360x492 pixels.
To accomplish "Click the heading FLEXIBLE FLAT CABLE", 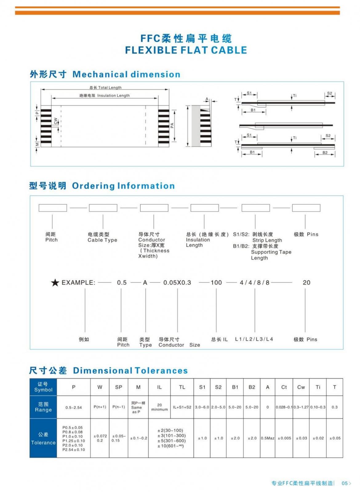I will click(186, 50).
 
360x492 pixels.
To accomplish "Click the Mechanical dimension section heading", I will click(126, 74).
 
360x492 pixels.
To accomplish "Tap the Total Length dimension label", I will click(106, 88).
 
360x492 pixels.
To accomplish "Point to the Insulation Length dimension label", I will click(105, 96).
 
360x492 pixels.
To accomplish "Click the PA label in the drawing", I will click(172, 125).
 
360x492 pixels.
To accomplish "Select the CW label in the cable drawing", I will click(56, 121).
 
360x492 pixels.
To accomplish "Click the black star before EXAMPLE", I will click(55, 283).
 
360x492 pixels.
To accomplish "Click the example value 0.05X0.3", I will click(177, 283).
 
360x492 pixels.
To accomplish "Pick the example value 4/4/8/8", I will click(254, 283).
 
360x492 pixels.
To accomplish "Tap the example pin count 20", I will click(306, 283).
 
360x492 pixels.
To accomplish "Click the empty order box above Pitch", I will click(53, 208).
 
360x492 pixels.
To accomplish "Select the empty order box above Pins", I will click(306, 208).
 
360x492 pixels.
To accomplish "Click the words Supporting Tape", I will click(271, 252).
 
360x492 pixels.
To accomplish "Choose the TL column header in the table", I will click(182, 387).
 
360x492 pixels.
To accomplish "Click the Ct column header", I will click(284, 387).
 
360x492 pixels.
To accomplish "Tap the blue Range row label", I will click(43, 407).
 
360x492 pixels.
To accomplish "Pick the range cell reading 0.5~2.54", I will click(74, 407).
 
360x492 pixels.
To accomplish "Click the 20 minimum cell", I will click(159, 407).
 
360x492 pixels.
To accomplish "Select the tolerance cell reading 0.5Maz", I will click(267, 438).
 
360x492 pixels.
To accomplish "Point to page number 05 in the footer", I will click(345, 483).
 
